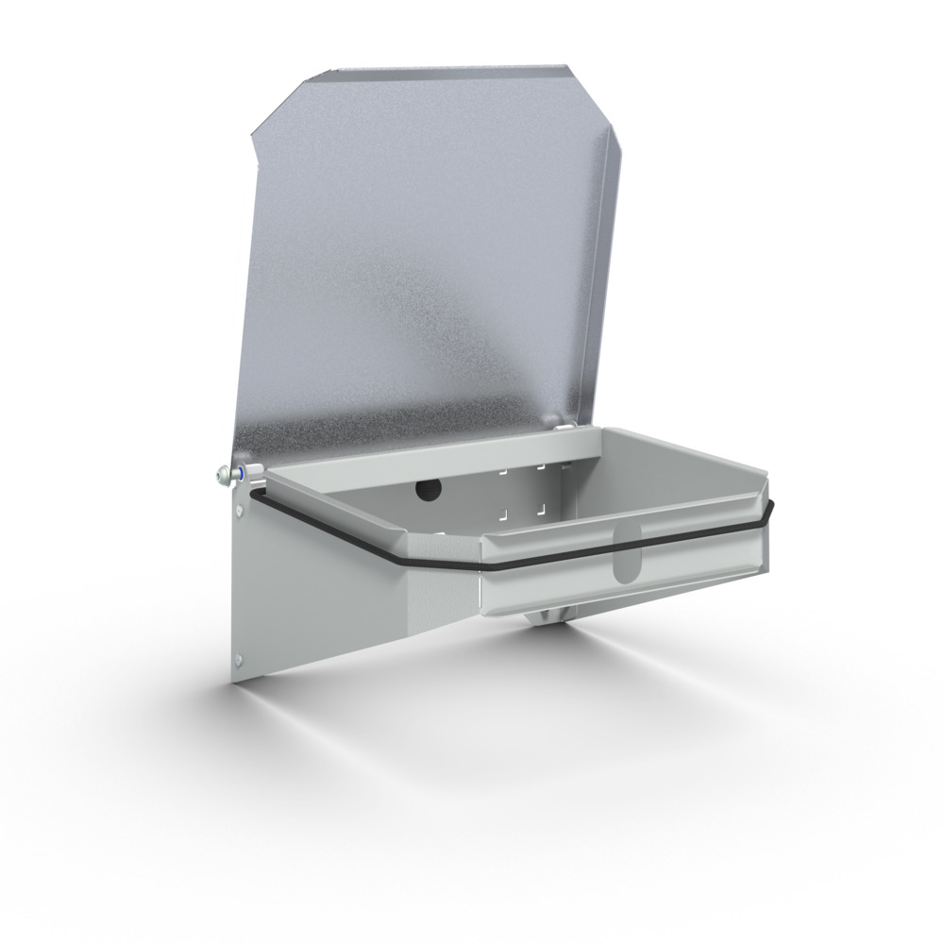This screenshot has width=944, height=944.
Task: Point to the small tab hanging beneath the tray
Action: click(548, 615)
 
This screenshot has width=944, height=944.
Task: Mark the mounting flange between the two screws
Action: click(240, 585)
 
